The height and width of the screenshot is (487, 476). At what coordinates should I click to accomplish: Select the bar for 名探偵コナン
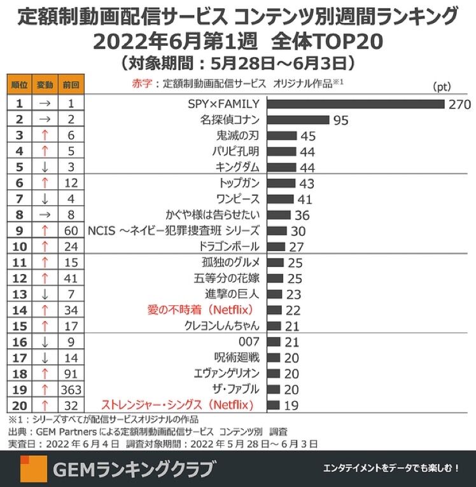(x=298, y=120)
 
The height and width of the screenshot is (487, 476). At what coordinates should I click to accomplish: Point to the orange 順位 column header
(x=19, y=83)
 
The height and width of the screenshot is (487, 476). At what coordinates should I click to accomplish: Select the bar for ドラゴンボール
(x=276, y=247)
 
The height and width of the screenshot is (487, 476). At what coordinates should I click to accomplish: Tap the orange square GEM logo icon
(x=33, y=469)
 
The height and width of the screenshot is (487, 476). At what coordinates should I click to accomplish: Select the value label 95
(x=341, y=120)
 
